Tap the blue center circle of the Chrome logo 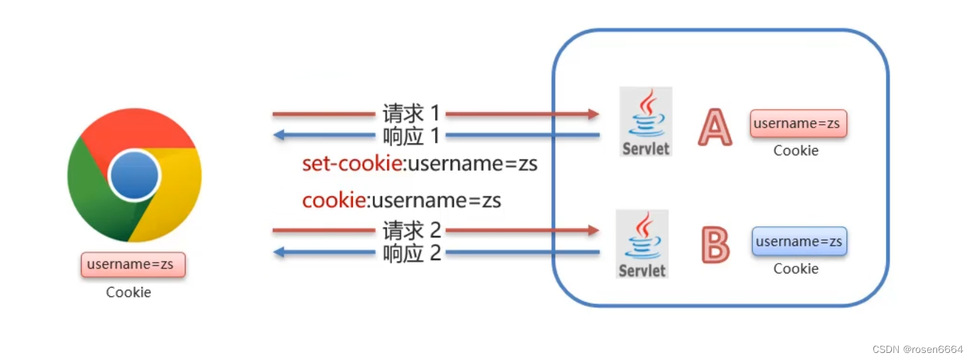click(x=134, y=174)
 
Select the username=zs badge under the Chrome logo click(x=133, y=265)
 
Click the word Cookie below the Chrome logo click(x=128, y=292)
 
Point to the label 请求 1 click(x=411, y=113)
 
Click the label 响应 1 click(x=411, y=135)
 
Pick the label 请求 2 click(x=411, y=230)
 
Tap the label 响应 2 click(x=411, y=252)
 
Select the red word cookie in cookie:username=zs click(x=333, y=201)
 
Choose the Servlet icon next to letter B click(x=643, y=244)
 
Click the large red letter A click(x=715, y=128)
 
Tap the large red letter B click(x=715, y=244)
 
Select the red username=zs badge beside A click(x=798, y=123)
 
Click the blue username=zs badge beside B click(x=799, y=242)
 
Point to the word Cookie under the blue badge click(x=795, y=269)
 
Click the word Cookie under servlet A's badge click(x=795, y=150)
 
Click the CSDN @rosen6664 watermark click(x=917, y=349)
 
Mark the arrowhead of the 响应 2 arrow click(x=280, y=252)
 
